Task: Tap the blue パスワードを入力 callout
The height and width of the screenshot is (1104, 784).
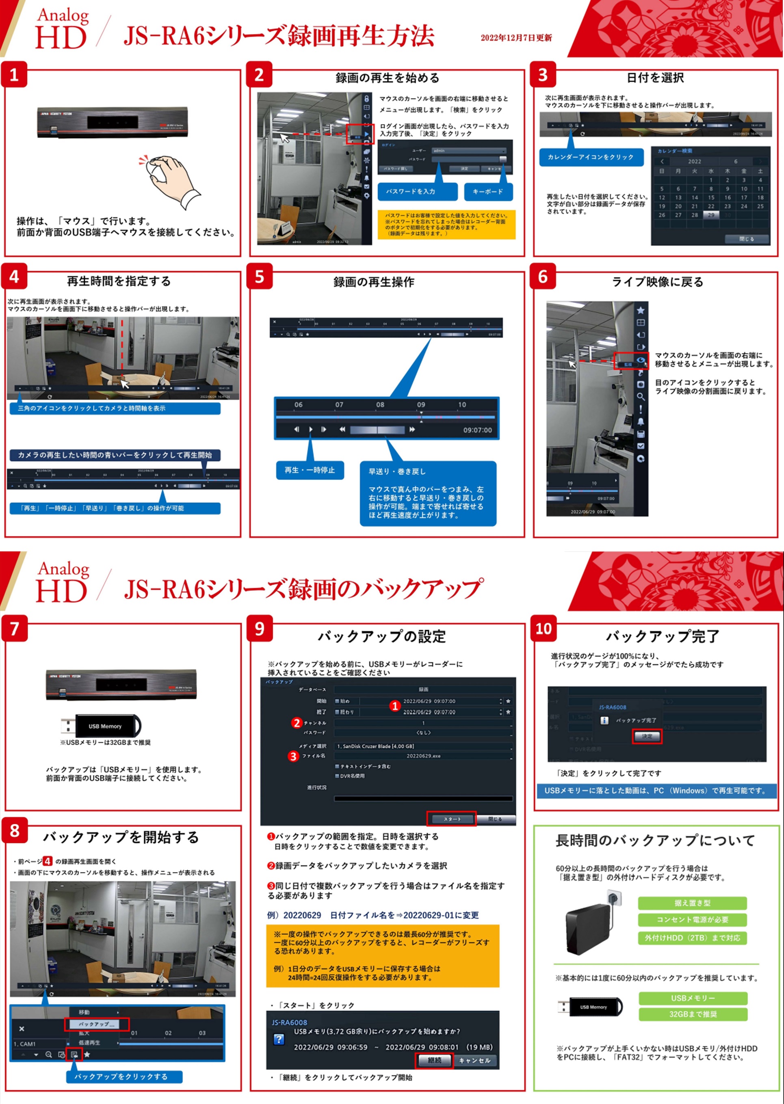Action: coord(417,192)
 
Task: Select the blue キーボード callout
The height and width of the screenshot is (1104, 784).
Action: coord(487,192)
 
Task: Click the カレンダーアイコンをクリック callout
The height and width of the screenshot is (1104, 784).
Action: coord(591,157)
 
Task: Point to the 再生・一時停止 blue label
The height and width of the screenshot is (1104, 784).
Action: coord(310,470)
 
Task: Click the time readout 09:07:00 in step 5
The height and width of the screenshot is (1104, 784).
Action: coord(477,430)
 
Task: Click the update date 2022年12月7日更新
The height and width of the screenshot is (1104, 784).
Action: coord(516,38)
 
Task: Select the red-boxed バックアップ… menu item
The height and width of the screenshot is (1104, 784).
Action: coord(97,1024)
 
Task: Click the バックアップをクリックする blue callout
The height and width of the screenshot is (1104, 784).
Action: coord(124,1076)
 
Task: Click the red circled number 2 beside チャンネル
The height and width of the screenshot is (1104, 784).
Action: coord(297,723)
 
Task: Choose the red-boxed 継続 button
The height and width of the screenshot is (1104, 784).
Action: coord(434,1061)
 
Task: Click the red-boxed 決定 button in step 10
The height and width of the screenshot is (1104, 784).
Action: coord(646,736)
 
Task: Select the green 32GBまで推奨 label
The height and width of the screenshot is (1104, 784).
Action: coord(692,1014)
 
